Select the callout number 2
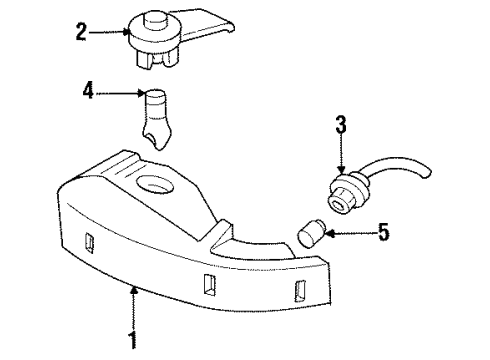pyautogui.click(x=81, y=32)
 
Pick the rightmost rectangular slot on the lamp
pyautogui.click(x=299, y=291)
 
